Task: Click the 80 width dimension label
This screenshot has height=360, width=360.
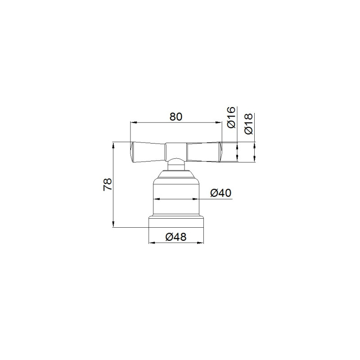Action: coord(176,117)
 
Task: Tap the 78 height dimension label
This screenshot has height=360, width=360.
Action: coord(108,184)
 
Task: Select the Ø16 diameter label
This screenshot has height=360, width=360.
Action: coord(231,117)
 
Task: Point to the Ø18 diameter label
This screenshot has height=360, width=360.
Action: coord(248,123)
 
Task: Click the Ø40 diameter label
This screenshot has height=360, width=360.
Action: coord(221,193)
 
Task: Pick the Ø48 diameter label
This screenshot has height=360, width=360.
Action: coord(176,237)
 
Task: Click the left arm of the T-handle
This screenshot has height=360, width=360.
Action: coord(148,152)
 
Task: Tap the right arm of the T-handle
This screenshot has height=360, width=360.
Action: coord(204,152)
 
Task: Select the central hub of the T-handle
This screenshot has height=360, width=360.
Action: coord(176,151)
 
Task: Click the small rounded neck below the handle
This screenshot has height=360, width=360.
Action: coord(176,164)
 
